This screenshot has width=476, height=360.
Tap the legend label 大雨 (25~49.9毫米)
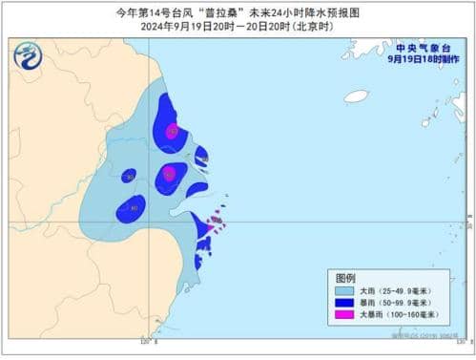(x=395, y=290)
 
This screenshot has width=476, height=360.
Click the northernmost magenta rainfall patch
(x=172, y=132)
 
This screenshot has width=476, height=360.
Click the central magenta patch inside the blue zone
(x=169, y=173)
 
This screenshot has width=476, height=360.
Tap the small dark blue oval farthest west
(x=129, y=175)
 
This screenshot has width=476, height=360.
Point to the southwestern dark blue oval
(x=133, y=207)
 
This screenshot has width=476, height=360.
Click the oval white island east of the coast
(x=356, y=96)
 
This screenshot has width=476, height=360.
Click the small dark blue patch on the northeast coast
(x=201, y=156)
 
